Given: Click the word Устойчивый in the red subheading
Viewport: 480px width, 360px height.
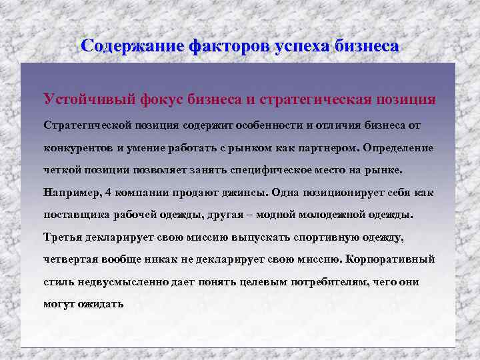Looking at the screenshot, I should [90, 99].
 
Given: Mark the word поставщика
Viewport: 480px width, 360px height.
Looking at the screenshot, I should [75, 215].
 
